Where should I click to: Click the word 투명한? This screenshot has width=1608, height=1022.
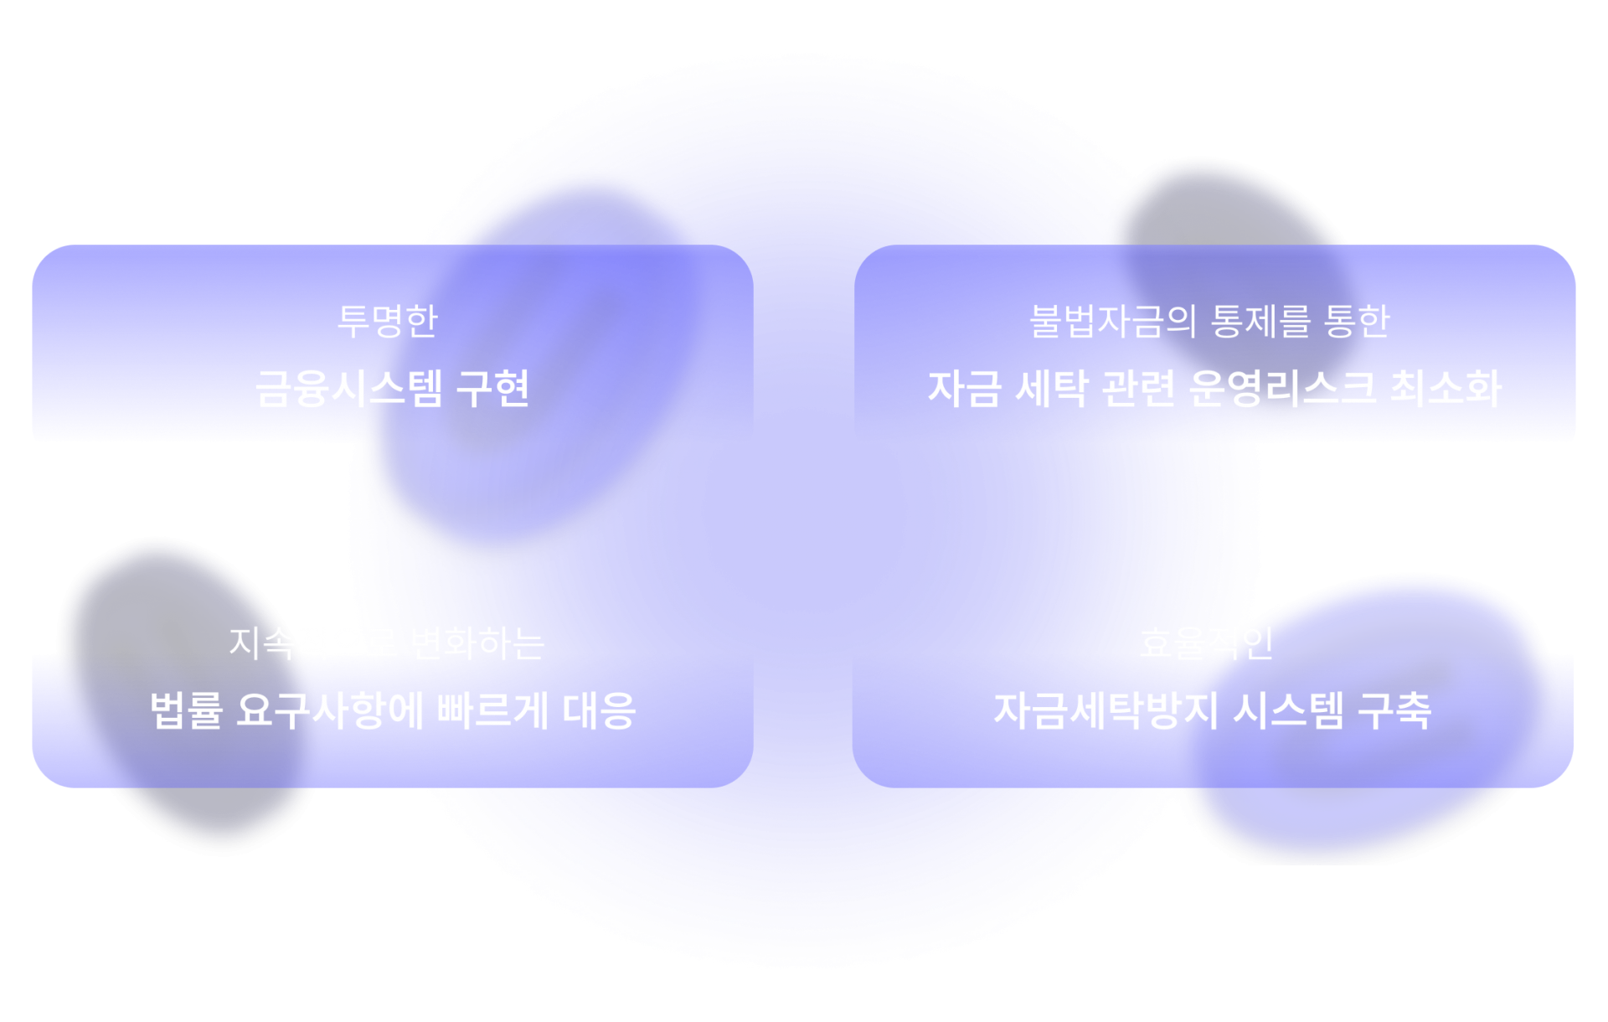(x=387, y=321)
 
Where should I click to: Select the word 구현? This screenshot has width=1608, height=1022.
(x=492, y=389)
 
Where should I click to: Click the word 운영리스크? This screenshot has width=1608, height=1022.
(x=1281, y=389)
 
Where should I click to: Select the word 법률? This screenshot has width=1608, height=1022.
(x=186, y=710)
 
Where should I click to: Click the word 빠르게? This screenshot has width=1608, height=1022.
(x=492, y=710)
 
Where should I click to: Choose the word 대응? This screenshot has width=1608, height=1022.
(x=599, y=710)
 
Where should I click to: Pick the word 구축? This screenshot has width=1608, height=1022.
(x=1394, y=710)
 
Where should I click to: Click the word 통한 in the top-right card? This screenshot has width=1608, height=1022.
(x=1357, y=321)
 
